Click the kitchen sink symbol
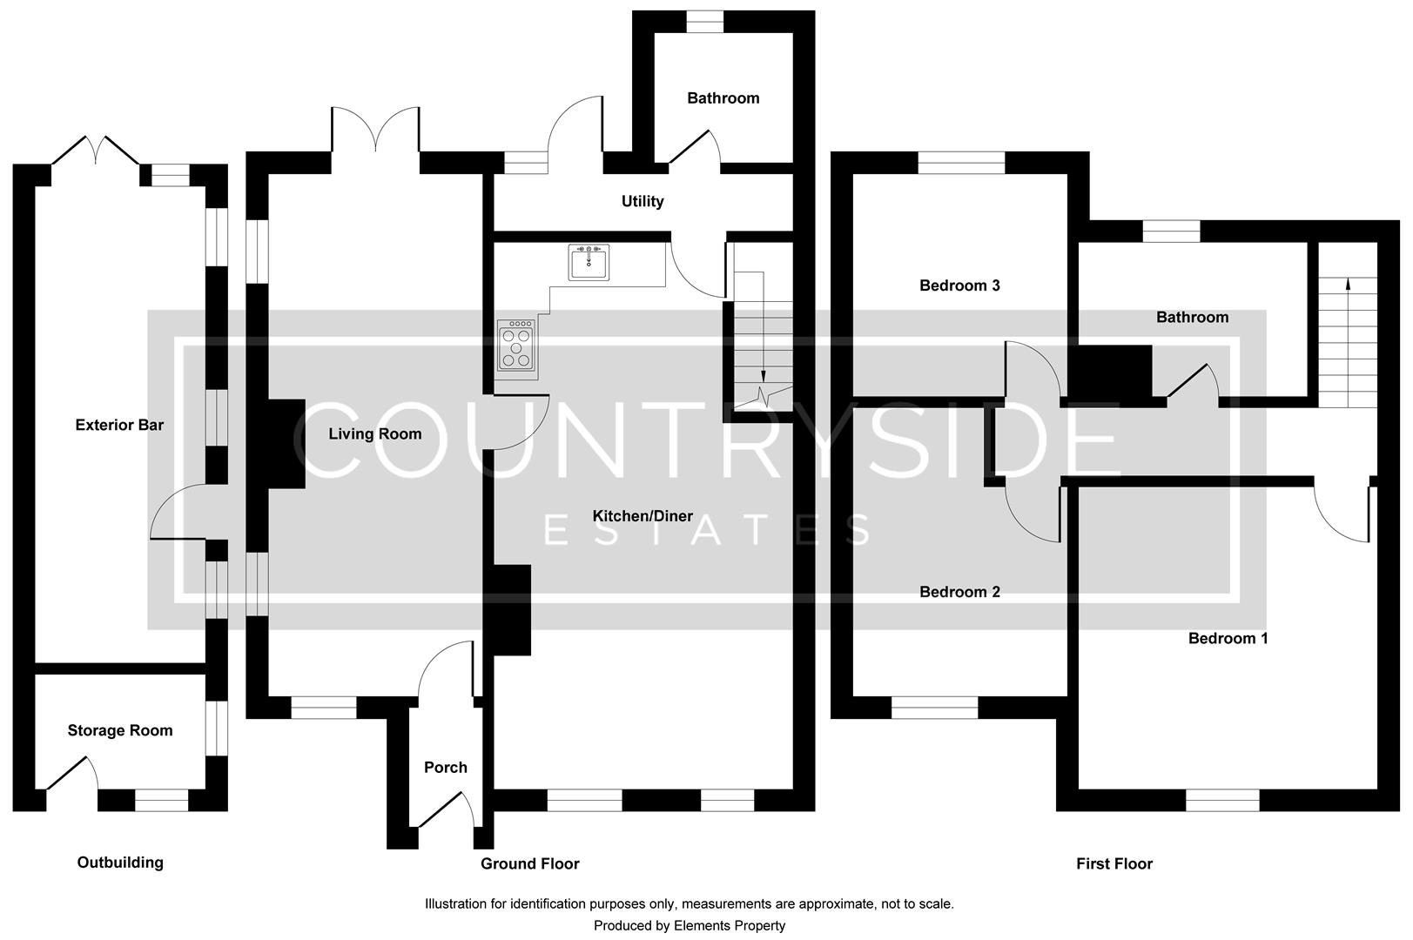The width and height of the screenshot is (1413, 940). pos(589,262)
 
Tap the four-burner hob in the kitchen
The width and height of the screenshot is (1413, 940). pos(515,346)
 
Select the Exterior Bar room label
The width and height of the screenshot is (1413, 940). pos(119,425)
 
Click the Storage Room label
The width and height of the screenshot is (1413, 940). pos(120,730)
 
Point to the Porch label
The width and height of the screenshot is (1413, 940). pos(446,767)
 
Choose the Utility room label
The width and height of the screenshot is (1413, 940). pos(643,201)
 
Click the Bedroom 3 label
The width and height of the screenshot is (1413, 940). pos(959,285)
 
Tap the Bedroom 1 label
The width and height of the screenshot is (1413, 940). pos(1228,638)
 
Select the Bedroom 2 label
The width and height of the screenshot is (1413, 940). pos(959,592)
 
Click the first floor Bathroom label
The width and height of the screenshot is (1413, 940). pos(1192,317)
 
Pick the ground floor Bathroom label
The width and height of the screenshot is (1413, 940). pos(723,97)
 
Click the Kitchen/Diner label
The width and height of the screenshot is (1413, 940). pos(643,516)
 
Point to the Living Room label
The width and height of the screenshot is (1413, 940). pos(374,433)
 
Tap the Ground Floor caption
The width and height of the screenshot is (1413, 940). pos(529,863)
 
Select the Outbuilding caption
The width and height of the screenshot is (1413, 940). pos(120,862)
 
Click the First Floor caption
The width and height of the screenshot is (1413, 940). pos(1114,863)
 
